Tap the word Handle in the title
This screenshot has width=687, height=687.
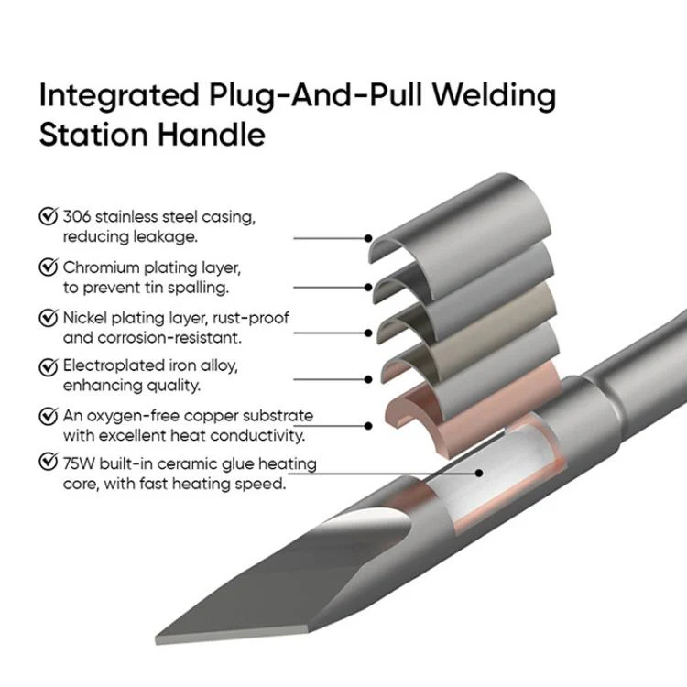click(x=211, y=134)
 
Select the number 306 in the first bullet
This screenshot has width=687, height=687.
click(x=77, y=217)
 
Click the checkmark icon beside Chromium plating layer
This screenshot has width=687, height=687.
click(x=48, y=267)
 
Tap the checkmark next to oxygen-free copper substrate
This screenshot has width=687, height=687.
click(x=48, y=416)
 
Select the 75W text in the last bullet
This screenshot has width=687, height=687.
click(x=79, y=463)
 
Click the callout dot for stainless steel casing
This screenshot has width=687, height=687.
click(x=368, y=238)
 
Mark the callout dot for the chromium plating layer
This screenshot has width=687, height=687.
click(x=368, y=288)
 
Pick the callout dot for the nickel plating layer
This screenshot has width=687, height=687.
click(x=368, y=333)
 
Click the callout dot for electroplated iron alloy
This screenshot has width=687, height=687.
click(x=368, y=379)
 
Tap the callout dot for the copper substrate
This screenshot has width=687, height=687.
click(x=368, y=426)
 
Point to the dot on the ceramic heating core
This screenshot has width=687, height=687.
click(x=479, y=474)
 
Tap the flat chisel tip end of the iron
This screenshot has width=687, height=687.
click(x=233, y=638)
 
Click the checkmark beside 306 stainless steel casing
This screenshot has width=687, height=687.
click(x=48, y=215)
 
